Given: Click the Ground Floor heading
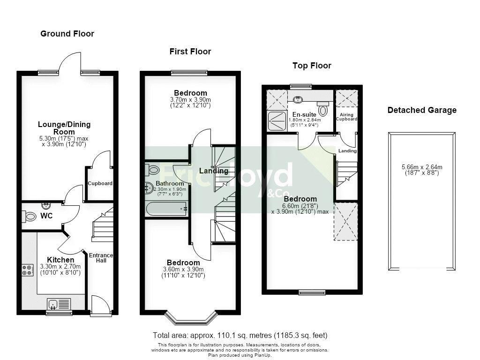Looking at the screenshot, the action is point(67,34).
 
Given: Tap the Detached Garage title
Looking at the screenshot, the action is point(422,110).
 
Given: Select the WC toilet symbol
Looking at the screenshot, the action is point(29,216).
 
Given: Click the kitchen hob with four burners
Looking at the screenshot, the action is point(28,270).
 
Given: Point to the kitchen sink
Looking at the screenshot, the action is point(59,304).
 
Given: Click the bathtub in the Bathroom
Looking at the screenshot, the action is point(166,209).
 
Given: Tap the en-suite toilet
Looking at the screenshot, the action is point(322,108).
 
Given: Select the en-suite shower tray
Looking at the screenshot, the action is point(277,121).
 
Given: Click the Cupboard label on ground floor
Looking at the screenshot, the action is point(100,183).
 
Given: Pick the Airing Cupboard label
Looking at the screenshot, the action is point(346,117).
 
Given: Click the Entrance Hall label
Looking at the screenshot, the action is point(101,258).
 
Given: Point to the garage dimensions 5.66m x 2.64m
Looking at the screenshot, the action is point(422,167).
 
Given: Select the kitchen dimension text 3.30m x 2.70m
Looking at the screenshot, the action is point(60,266).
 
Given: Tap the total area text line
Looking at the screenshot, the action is point(240,335).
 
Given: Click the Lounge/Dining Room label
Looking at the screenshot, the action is point(64,128).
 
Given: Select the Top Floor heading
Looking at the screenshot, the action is point(312,66).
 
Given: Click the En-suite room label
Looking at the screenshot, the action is point(304,114).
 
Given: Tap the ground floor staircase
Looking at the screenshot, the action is point(103,224).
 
